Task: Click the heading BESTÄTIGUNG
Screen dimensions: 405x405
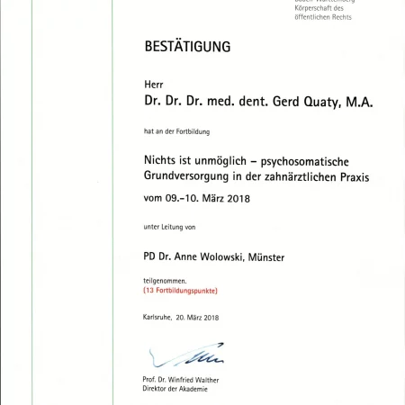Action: click(x=187, y=46)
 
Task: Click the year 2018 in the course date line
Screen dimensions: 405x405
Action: click(x=237, y=198)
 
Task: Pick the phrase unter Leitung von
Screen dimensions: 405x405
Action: click(x=169, y=225)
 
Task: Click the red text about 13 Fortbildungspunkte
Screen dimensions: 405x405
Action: click(x=180, y=291)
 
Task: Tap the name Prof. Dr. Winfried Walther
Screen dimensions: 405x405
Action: click(x=180, y=380)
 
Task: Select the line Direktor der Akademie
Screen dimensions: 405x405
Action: click(x=175, y=389)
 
